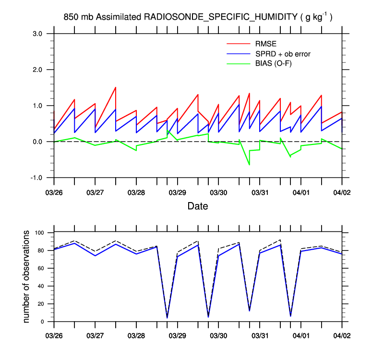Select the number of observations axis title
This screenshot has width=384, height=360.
click(28, 276)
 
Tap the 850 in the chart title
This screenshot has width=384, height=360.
click(71, 17)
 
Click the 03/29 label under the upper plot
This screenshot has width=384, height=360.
click(178, 192)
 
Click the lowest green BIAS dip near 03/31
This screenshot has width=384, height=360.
click(249, 165)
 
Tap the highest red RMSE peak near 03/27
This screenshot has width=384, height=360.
click(116, 87)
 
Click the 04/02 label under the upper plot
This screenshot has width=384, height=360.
click(342, 192)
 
